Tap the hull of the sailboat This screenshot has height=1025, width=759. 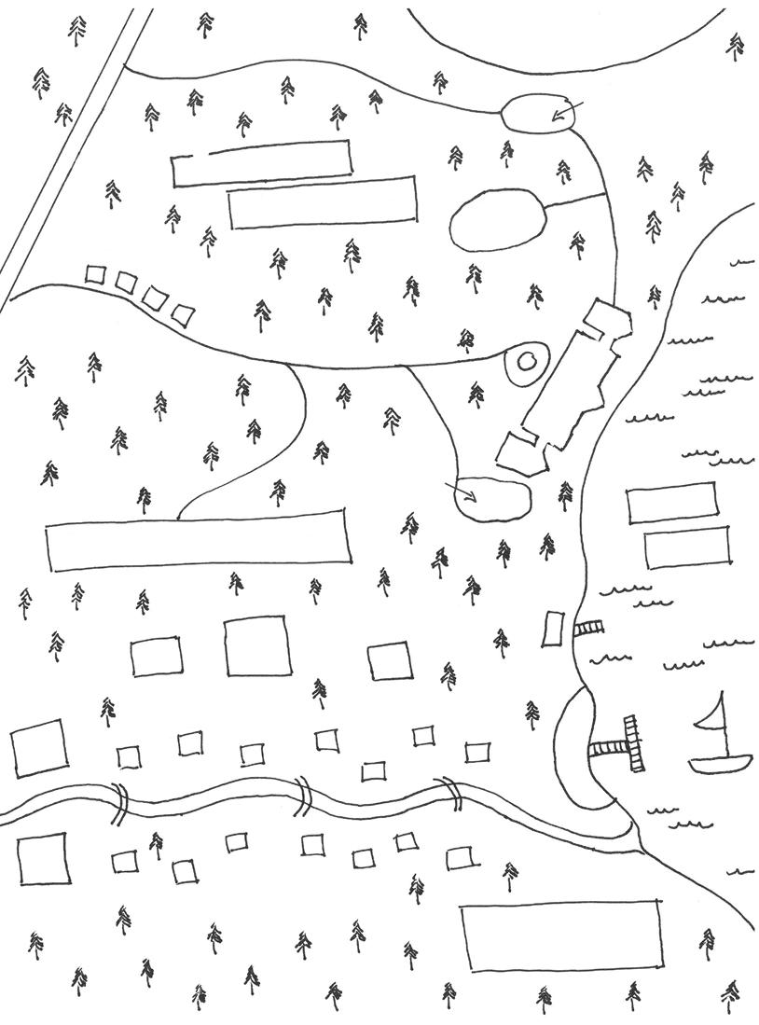tap(720, 765)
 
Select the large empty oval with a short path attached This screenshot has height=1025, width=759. tap(496, 220)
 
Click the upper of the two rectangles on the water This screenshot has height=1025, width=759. tap(671, 503)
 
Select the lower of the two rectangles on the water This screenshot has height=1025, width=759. tap(687, 547)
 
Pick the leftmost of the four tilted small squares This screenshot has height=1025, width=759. tap(95, 274)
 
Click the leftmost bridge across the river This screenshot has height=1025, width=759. tap(119, 804)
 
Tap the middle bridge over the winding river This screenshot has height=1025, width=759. tap(303, 795)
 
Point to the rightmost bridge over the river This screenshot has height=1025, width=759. tap(451, 793)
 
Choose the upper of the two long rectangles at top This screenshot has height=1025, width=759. tap(261, 164)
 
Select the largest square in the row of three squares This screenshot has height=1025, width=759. tap(257, 645)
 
